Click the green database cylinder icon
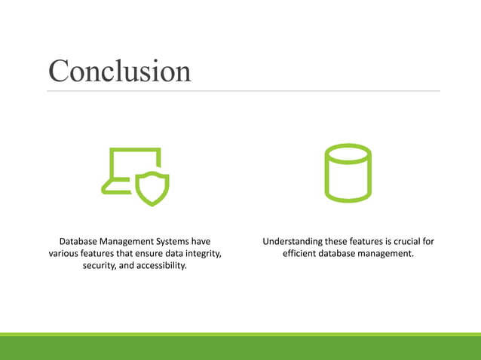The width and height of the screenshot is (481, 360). pyautogui.click(x=347, y=173)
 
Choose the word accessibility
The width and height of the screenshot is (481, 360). pyautogui.click(x=158, y=267)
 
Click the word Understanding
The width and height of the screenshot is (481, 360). pyautogui.click(x=293, y=241)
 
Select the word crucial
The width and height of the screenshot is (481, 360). pyautogui.click(x=403, y=241)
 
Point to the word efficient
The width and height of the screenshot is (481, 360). pyautogui.click(x=302, y=254)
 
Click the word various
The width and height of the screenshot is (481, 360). pyautogui.click(x=64, y=254)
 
